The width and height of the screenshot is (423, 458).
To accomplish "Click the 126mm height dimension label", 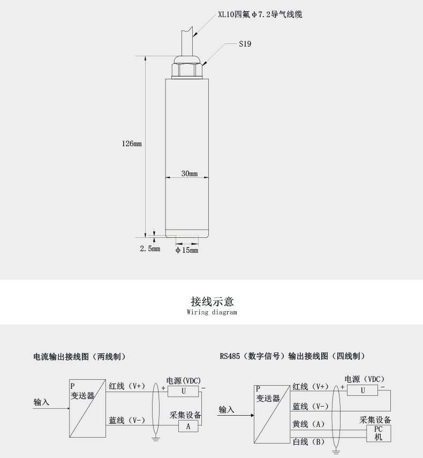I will coord(131,144).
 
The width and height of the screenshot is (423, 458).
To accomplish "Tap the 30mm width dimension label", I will coord(190,174).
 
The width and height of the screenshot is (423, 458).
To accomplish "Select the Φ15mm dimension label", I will coord(187,250).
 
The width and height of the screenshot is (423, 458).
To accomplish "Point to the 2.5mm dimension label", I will coord(150,249).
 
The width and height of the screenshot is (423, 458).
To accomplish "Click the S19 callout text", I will coord(245,44).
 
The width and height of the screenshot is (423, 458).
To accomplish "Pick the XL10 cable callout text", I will coord(260,15).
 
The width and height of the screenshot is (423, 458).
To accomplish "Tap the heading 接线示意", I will coord(212,302).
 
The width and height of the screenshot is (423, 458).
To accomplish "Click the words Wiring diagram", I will coord(211,312).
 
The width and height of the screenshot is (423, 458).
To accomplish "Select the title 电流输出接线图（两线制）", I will coord(80,357).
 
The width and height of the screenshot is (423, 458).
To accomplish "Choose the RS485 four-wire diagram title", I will coord(292,356).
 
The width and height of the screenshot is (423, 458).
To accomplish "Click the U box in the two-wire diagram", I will coord(183,392).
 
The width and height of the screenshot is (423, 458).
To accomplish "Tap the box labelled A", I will coord(188,426).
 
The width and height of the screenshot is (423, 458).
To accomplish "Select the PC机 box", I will coord(379,433).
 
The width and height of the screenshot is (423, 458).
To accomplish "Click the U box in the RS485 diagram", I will coord(362,391).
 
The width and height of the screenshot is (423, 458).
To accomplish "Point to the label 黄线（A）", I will coord(308,424).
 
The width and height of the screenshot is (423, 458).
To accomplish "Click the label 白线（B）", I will coord(308,441).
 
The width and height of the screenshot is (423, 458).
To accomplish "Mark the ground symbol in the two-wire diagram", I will coord(156,438).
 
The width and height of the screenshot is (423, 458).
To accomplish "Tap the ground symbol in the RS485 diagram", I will coord(336,453).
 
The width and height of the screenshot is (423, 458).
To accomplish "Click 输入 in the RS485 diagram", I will coord(226,410).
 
